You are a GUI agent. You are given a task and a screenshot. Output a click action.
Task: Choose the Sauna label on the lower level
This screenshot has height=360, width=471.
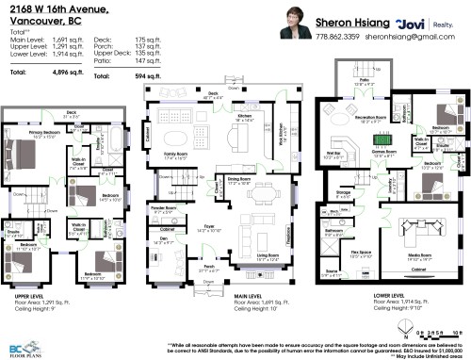coord(333,270)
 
